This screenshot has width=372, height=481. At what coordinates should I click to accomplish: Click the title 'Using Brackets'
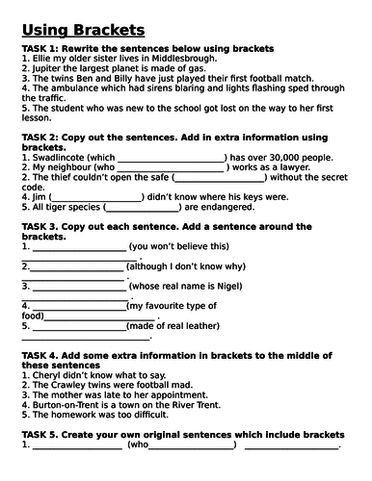coord(84,30)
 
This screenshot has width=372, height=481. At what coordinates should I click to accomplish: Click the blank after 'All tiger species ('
coord(142,206)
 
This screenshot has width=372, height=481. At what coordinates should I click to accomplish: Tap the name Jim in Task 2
coord(37,196)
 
